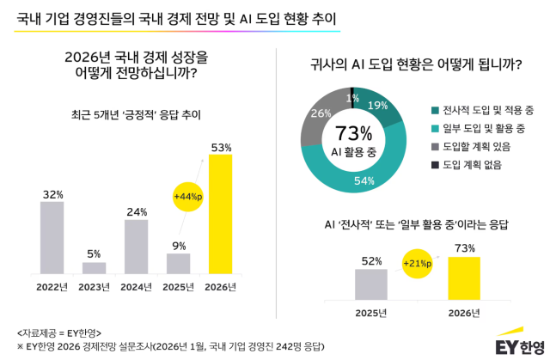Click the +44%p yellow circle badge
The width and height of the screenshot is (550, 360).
pyautogui.click(x=187, y=197)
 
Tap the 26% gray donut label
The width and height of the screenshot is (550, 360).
pyautogui.click(x=321, y=113)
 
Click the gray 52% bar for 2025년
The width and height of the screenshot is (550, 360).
pyautogui.click(x=371, y=283)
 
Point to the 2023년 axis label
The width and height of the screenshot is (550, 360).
pyautogui.click(x=94, y=286)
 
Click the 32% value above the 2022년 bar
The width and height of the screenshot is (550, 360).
pyautogui.click(x=52, y=194)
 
